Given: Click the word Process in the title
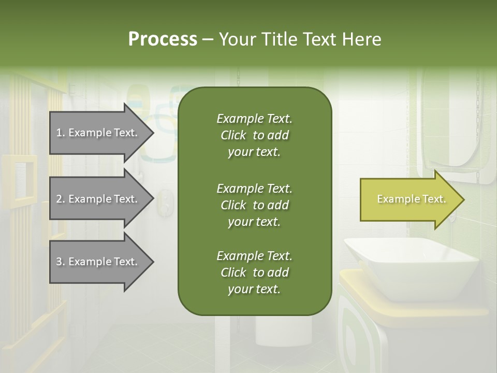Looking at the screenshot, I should coord(163,39).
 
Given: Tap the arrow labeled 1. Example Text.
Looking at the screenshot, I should coord(98,133).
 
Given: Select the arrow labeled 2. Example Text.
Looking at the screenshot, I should coord(98,199).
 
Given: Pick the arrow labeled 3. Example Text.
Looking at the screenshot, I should coord(98,262).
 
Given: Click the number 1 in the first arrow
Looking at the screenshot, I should coord(59,133).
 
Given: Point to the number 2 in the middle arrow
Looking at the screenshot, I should coord(59,199).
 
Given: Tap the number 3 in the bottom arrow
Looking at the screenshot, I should coord(59,262).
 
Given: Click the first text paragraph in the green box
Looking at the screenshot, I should coord(254,135).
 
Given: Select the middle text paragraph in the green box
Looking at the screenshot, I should coord(254,205).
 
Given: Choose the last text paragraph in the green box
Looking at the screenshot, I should coord(254,272).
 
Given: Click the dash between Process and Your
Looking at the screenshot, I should coord(208,39).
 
